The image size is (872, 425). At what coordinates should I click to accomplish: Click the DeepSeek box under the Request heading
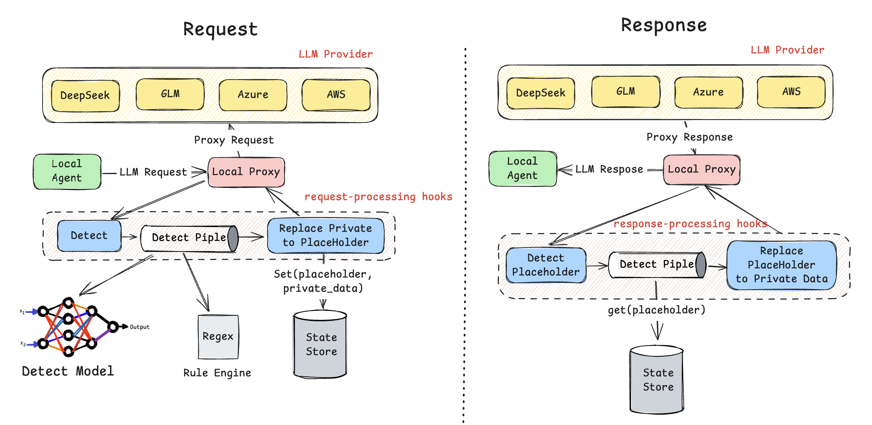[85, 95]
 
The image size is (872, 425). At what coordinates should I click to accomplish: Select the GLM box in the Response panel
[626, 91]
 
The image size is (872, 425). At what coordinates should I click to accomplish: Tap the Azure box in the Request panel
[253, 95]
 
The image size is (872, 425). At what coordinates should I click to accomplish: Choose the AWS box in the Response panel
[791, 92]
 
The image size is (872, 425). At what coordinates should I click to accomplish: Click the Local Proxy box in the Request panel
[246, 172]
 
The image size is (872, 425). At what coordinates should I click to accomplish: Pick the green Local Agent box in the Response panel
[523, 168]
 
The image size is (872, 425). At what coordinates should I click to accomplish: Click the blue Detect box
[89, 236]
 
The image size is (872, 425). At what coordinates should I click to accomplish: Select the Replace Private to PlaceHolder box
[326, 235]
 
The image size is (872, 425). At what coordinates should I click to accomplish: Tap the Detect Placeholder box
[546, 265]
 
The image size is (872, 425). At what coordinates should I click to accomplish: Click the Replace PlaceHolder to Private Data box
[782, 265]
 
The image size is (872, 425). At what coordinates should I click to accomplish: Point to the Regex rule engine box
[218, 337]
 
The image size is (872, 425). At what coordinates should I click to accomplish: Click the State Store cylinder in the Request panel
[320, 344]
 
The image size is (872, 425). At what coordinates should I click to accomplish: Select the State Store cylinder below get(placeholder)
[657, 379]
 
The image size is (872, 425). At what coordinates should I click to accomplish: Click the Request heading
[220, 30]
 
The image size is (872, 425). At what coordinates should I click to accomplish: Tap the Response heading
[664, 25]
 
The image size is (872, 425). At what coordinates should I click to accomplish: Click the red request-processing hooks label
[378, 197]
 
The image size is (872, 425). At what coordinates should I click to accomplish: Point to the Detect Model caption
[68, 371]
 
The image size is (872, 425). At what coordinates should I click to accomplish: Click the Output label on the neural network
[140, 327]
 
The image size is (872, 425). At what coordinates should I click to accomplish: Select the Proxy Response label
[690, 137]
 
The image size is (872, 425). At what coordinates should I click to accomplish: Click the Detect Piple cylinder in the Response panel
[657, 265]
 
